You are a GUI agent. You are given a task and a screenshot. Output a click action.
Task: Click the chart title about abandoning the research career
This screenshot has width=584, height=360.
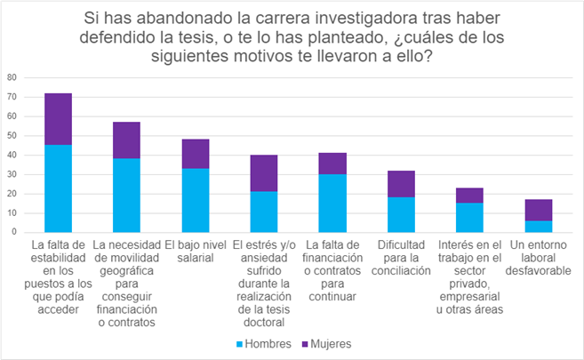(292, 36)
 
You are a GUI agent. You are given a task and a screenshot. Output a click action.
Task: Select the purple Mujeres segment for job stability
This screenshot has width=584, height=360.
(58, 119)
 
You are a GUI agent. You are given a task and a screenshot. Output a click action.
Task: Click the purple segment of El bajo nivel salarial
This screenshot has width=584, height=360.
(195, 154)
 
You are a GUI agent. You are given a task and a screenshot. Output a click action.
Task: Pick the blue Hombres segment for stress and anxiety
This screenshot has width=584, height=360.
(263, 212)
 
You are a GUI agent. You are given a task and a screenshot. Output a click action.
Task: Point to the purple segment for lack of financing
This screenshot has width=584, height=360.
(332, 164)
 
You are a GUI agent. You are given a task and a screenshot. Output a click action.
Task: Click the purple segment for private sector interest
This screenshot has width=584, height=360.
(468, 196)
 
